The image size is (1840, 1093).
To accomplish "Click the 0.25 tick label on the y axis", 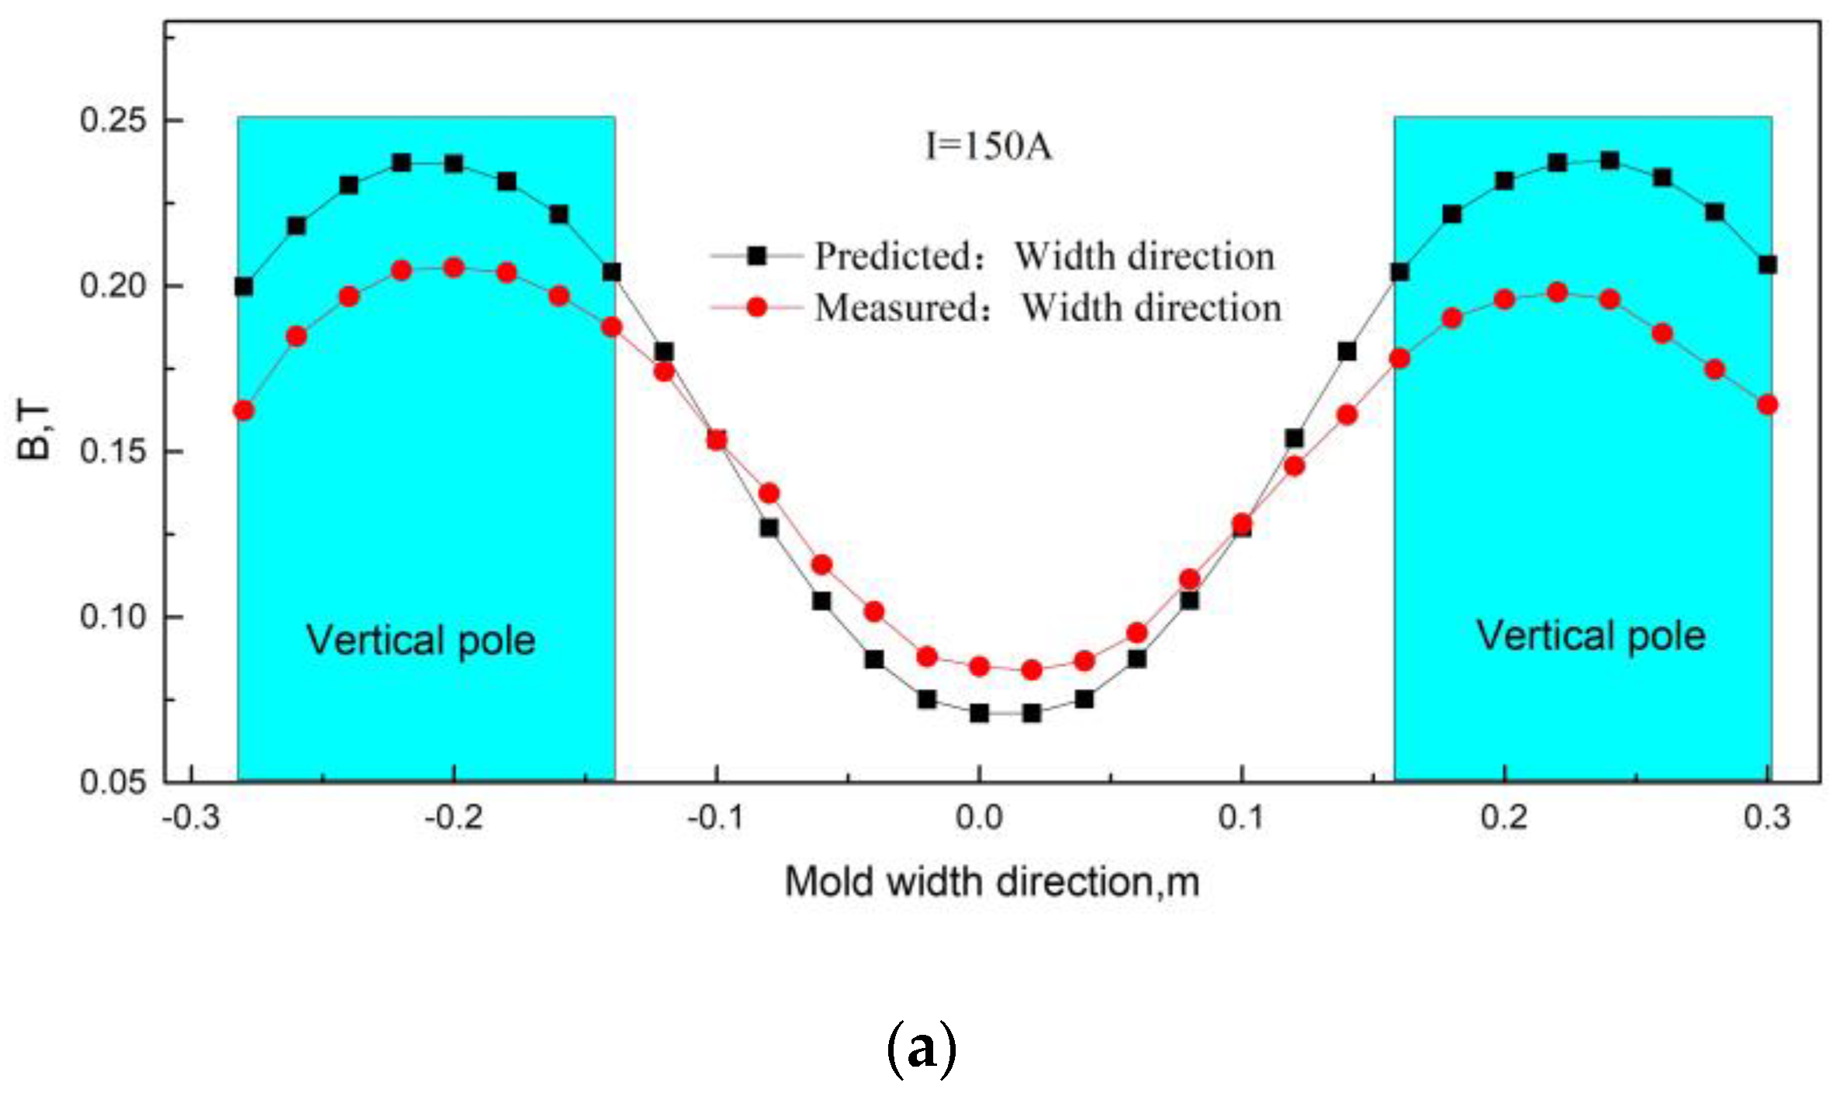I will [x=113, y=120].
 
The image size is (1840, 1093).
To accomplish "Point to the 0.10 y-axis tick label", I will [x=113, y=617].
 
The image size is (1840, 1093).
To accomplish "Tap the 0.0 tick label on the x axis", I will [x=979, y=818].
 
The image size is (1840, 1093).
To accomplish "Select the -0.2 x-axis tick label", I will [x=453, y=818].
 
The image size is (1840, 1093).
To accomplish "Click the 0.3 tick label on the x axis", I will [x=1768, y=818].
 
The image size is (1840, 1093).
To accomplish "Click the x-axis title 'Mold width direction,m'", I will [x=992, y=882].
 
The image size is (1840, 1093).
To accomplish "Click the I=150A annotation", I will [x=989, y=146].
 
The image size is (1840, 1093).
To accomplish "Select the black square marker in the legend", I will [x=756, y=255].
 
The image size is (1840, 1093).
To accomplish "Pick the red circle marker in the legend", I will [x=756, y=308].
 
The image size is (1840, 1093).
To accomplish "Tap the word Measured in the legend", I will [x=898, y=308].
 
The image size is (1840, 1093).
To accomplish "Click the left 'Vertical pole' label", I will [x=421, y=641].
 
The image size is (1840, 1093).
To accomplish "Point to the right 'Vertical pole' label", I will [x=1590, y=636].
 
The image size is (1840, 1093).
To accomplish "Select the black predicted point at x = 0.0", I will [x=979, y=713].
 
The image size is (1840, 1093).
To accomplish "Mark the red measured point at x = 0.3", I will [x=1768, y=405].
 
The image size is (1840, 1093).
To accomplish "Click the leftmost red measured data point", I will [x=244, y=410].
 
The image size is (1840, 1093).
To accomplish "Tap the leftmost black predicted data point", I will [x=244, y=287].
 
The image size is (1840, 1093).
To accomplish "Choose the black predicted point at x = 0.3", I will [x=1768, y=265].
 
